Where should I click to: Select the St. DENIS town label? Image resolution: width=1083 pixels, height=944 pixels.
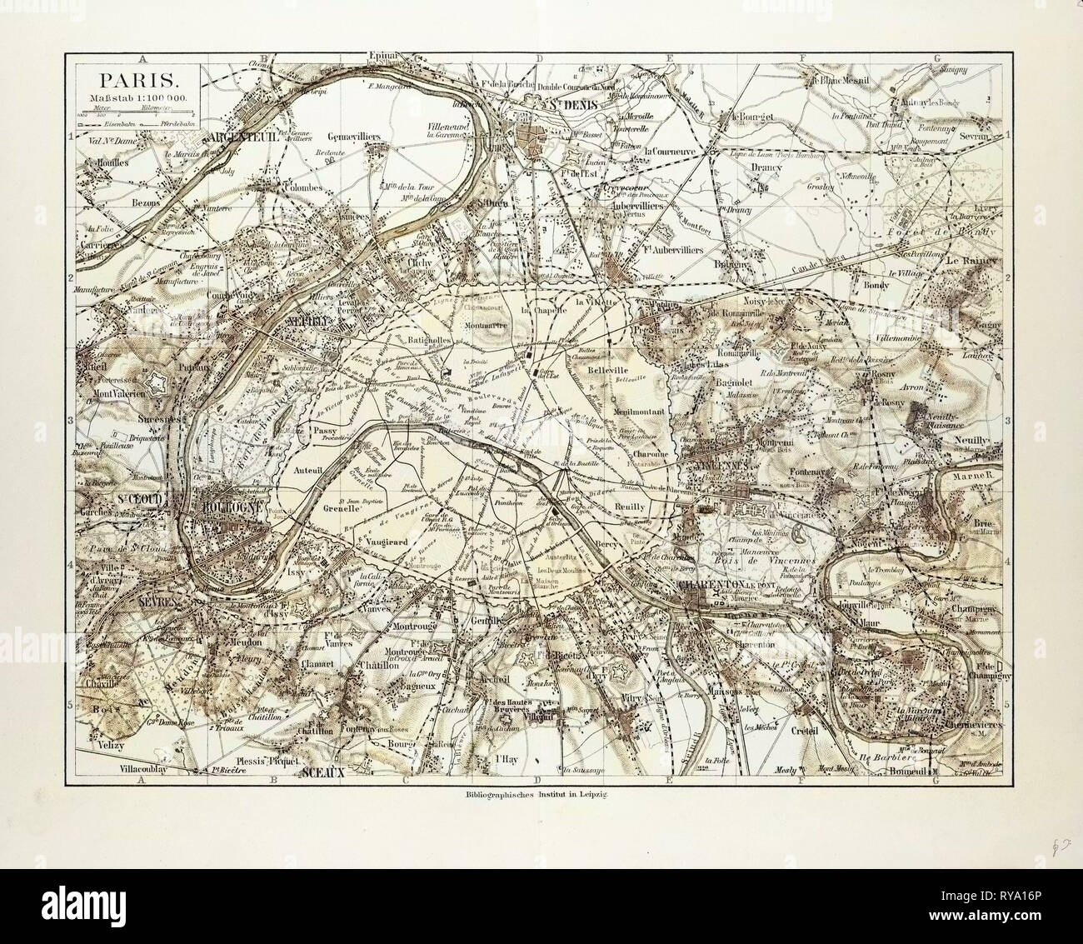tap(552, 106)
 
